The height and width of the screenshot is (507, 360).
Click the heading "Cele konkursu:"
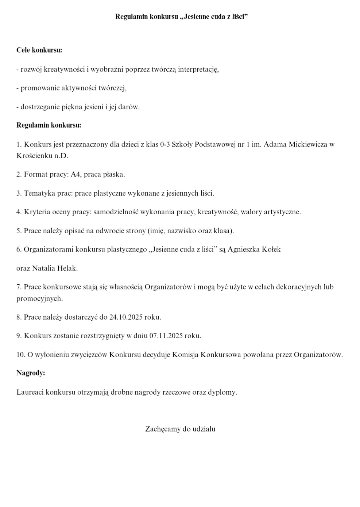pos(39,50)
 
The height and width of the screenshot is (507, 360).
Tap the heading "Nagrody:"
pos(31,373)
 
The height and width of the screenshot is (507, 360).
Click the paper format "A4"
pos(76,174)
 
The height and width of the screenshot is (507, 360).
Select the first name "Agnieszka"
pos(244,249)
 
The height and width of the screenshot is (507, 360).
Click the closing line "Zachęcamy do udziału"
pos(180,429)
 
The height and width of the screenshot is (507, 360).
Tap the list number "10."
pos(21,354)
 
